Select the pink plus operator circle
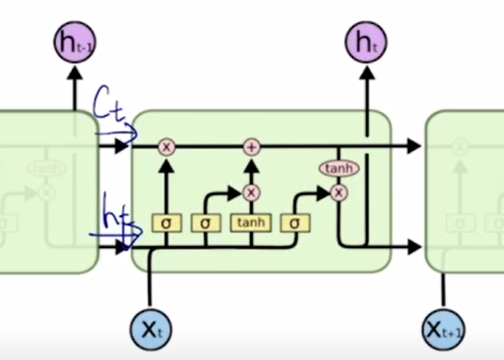(x=250, y=147)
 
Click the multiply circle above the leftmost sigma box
(x=166, y=147)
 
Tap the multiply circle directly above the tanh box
(x=250, y=192)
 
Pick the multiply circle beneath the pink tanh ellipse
(x=338, y=191)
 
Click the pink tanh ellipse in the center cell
(x=338, y=169)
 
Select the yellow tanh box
(x=250, y=224)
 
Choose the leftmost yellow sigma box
(x=166, y=224)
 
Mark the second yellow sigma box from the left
(x=205, y=224)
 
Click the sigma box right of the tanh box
(x=294, y=224)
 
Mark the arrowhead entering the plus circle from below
(x=250, y=161)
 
